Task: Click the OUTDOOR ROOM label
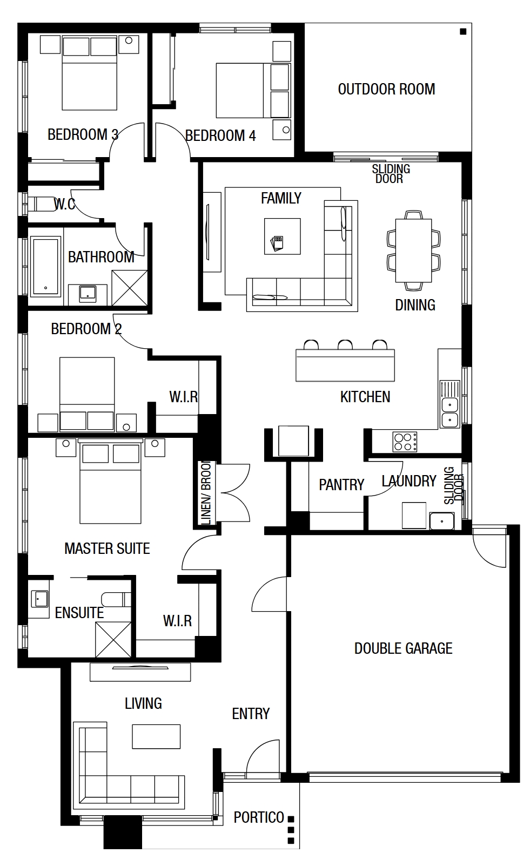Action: coord(386,89)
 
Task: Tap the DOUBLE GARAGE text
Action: coord(404,648)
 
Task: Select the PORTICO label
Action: coord(259,817)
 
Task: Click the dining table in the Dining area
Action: coord(413,250)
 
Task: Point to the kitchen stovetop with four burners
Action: coord(405,442)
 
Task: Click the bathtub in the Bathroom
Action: coord(46,266)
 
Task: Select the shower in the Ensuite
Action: coord(113,639)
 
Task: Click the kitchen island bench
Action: coord(345,365)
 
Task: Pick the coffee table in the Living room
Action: coord(156,736)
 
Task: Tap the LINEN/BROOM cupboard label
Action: coord(206,493)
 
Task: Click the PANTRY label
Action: coord(341,485)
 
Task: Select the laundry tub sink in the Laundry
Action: coord(442,520)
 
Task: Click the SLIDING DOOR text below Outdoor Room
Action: coord(391,174)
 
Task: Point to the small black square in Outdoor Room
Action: coord(463,32)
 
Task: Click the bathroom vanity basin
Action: coord(88,294)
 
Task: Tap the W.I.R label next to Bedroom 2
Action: coord(183,397)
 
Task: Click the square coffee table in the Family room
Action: coord(283,236)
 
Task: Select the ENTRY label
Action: coord(251,714)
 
